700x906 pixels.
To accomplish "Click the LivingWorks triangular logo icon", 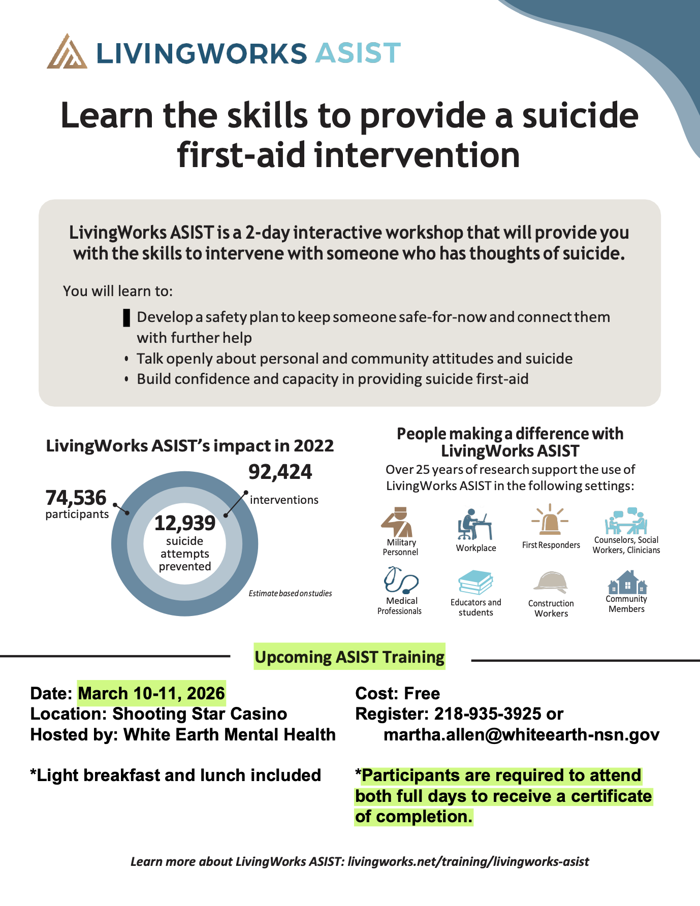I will (x=67, y=52).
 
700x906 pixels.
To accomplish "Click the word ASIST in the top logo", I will (x=358, y=53).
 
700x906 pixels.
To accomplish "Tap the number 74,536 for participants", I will (x=76, y=498).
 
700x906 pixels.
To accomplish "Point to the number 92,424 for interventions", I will (x=280, y=472).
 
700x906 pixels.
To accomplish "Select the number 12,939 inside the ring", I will (x=185, y=523).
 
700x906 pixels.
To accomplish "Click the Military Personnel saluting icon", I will (x=397, y=522).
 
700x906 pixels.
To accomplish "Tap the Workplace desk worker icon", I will (x=474, y=524).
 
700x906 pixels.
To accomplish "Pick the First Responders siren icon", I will (x=550, y=521).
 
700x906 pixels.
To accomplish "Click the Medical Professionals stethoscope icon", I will (x=401, y=580).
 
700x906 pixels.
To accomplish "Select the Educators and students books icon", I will (x=475, y=583).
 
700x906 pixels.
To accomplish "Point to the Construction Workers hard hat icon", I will (x=551, y=583).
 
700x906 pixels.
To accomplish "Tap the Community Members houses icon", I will (x=627, y=582).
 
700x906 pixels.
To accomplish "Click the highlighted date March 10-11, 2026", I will (x=151, y=693).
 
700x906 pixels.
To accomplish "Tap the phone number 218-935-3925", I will (x=488, y=714).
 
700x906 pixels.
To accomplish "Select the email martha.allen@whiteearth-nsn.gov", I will (x=521, y=735).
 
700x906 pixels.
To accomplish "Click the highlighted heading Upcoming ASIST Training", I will (x=349, y=657).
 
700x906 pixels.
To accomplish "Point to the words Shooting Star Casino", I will (x=200, y=714).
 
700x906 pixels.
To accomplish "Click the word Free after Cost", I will (x=422, y=693).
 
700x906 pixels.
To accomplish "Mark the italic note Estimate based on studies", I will (x=290, y=594).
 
